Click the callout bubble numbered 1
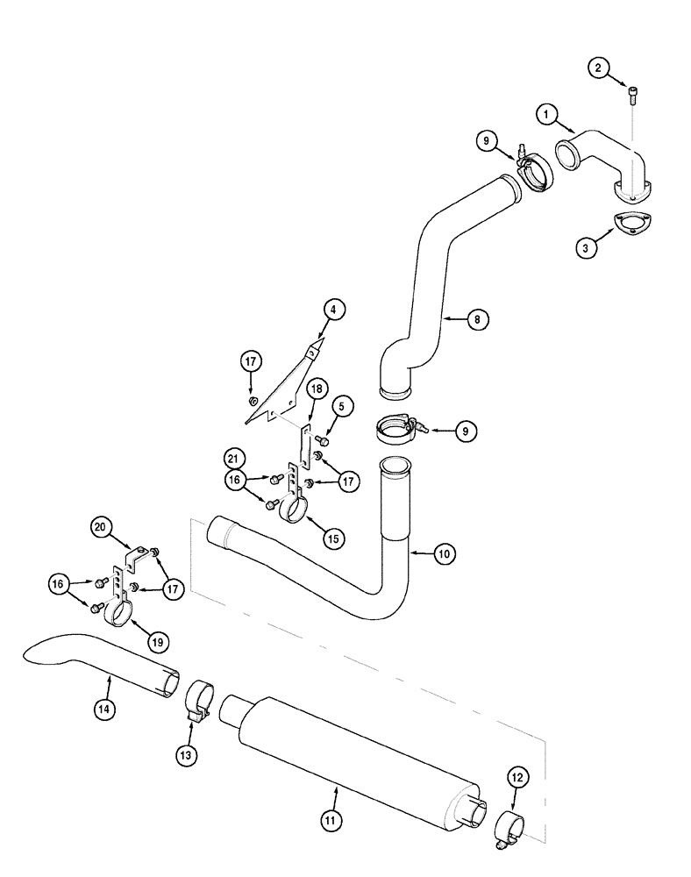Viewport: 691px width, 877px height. point(547,113)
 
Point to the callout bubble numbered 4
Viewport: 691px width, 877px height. point(333,309)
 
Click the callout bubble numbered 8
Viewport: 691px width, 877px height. point(477,319)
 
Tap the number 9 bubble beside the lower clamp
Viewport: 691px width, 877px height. point(466,430)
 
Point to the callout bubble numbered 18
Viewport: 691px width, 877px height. point(316,389)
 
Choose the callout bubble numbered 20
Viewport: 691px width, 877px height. point(102,527)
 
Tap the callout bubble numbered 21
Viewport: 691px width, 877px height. point(233,458)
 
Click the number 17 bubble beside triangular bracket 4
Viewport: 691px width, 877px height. point(251,361)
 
